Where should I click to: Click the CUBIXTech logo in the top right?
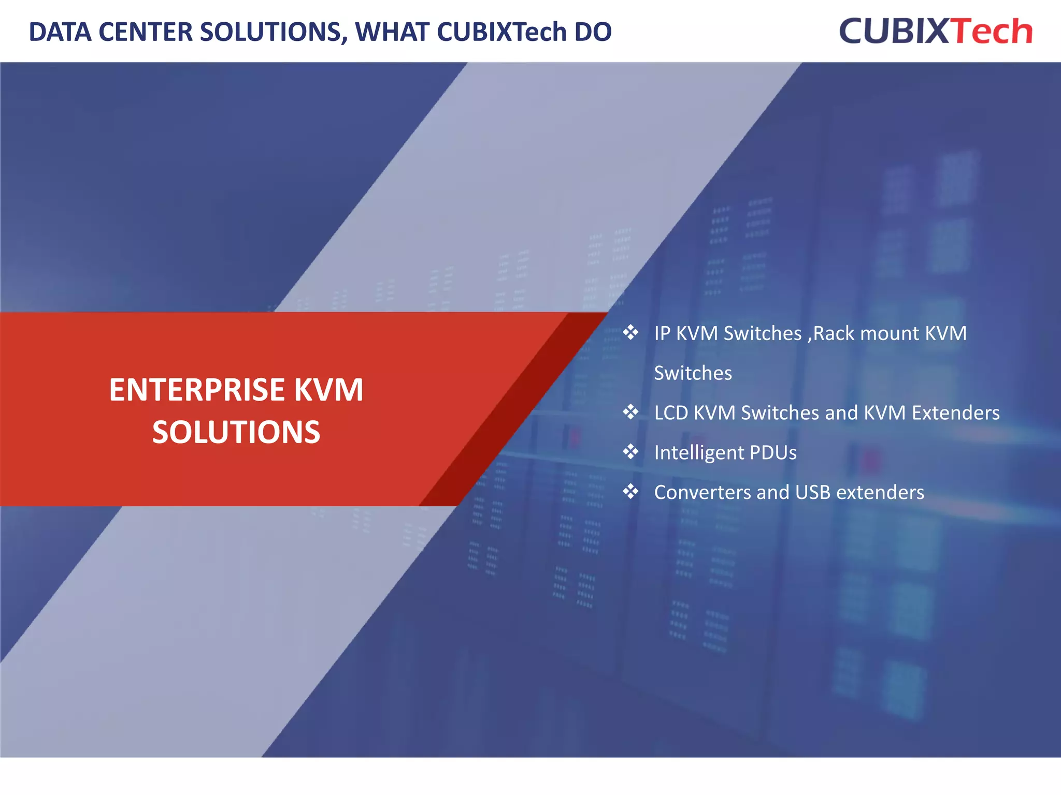(936, 31)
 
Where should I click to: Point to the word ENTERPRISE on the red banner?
(196, 390)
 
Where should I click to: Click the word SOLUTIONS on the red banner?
(236, 432)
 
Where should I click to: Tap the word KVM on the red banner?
(329, 390)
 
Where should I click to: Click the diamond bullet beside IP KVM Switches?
(630, 332)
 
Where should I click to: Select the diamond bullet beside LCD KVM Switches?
(630, 412)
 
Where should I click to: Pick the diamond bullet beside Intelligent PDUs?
(630, 452)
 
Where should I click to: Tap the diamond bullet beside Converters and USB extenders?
(630, 491)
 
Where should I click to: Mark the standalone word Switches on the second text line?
(693, 373)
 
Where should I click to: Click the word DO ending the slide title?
(593, 32)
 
